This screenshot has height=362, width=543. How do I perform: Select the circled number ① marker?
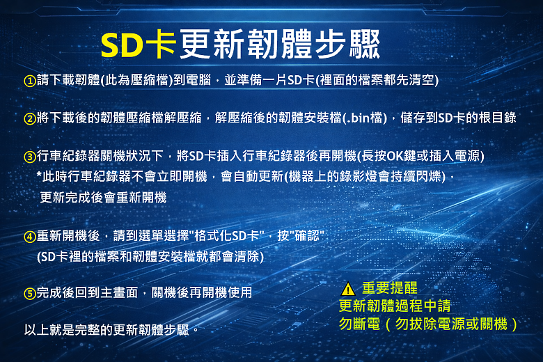coord(30,81)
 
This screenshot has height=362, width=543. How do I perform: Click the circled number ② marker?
coord(30,118)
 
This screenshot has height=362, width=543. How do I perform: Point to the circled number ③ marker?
coord(30,157)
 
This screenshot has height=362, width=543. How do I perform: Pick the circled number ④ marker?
coord(30,237)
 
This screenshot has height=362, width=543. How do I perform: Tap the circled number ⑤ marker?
coord(30,293)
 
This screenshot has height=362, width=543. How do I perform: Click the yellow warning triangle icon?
coord(347,289)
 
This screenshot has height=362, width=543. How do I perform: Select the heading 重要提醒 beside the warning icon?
coord(390,288)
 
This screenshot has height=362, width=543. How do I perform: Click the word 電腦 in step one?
coord(198,80)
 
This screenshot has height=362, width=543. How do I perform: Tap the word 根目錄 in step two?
coord(498,118)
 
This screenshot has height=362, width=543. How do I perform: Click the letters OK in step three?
coord(395,156)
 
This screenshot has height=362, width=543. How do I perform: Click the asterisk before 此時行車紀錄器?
coord(39,174)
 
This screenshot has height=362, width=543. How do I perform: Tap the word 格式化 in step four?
coord(212,236)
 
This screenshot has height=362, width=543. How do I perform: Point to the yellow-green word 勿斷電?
coord(359,324)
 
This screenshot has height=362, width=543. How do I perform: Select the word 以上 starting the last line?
coord(36,330)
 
